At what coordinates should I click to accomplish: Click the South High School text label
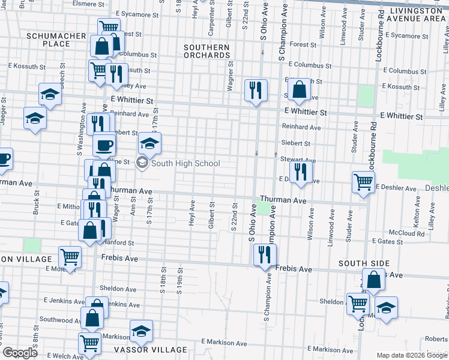pos(185,163)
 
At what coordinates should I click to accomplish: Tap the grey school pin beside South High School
pos(142,163)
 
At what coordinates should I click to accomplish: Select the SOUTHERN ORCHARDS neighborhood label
pos(206,52)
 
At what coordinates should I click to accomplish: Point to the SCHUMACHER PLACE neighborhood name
pos(56,40)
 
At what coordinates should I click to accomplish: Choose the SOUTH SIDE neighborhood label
pos(364,263)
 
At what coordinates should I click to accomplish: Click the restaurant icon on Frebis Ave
pos(264,255)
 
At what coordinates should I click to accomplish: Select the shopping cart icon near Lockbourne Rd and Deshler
pos(363,181)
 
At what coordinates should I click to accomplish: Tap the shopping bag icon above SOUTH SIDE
pos(373,279)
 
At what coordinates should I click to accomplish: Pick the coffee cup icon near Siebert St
pos(104,145)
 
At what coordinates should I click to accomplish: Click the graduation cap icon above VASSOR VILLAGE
pos(141,331)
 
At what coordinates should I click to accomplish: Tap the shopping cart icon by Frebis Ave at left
pos(70,257)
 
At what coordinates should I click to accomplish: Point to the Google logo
pos(20,353)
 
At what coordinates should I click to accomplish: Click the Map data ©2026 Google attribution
pos(412,354)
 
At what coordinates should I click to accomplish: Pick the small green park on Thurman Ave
pos(264,209)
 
